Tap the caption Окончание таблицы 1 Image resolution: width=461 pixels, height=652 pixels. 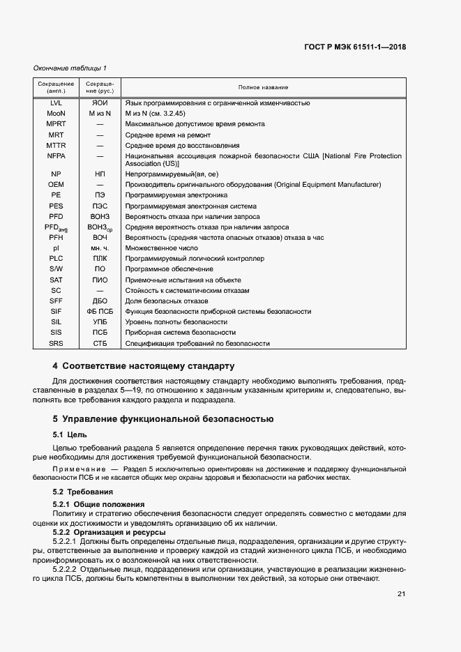point(70,68)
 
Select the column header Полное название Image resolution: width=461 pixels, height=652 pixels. point(263,87)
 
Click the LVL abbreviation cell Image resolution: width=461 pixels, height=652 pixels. point(56,103)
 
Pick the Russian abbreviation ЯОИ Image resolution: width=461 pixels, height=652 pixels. point(100,103)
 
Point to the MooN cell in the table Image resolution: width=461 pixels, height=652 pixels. point(56,113)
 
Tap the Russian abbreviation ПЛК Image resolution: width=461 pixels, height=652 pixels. point(100,259)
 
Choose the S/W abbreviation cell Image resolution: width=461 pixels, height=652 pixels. point(56,269)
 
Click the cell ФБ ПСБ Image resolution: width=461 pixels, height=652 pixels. point(100,312)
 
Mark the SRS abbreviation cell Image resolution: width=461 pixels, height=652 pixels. point(56,344)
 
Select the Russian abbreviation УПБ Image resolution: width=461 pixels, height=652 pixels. point(100,322)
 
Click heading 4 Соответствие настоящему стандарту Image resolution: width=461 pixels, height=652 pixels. point(144,366)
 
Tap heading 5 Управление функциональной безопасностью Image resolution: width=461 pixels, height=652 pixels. point(163,419)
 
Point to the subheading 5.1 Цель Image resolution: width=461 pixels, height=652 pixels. point(70,434)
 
